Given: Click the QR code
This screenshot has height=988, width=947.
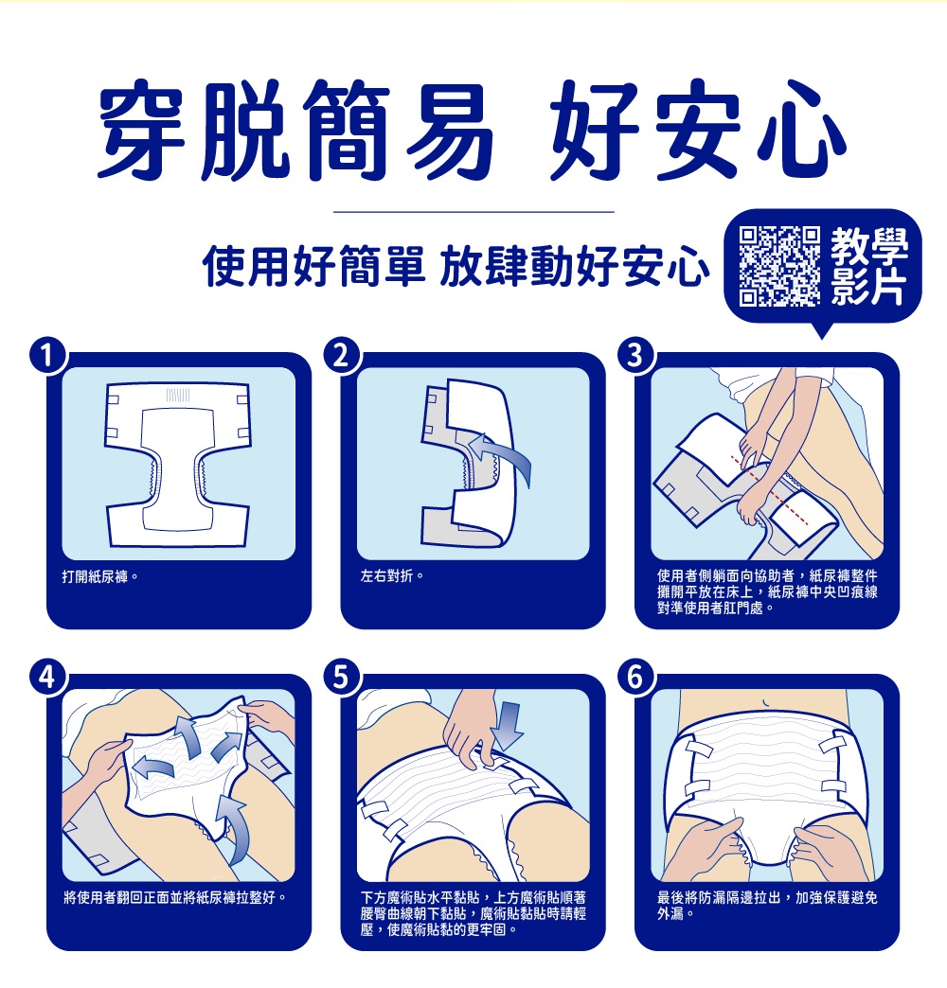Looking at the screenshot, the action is [x=779, y=267].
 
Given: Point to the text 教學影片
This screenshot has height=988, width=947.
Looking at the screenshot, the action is [x=868, y=267].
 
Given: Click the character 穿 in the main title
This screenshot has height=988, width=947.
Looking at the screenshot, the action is [x=142, y=128].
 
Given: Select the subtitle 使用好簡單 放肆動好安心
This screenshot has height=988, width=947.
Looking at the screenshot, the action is [x=456, y=267].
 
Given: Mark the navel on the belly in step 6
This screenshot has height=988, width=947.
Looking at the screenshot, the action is [x=765, y=702].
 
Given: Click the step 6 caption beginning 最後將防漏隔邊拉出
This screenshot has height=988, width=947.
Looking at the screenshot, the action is [x=767, y=906].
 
